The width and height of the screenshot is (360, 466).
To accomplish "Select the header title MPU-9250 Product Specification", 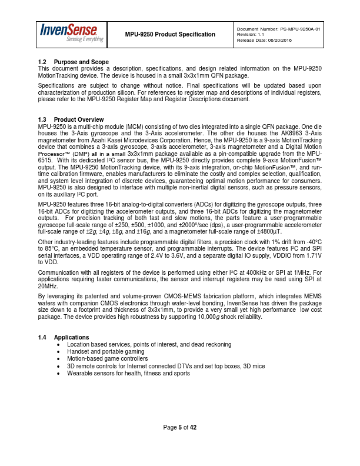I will pyautogui.click(x=170, y=34).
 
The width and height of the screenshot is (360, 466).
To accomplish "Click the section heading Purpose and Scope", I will pyautogui.click(x=81, y=62).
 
